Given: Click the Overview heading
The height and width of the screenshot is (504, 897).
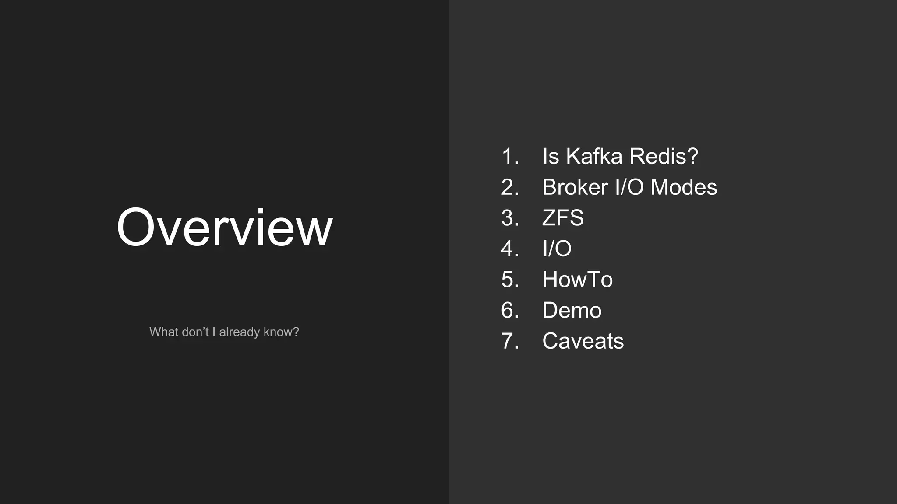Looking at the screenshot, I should [224, 227].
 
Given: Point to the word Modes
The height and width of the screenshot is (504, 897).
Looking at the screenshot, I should [684, 187].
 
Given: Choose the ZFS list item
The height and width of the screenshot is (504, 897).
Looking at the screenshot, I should [563, 218].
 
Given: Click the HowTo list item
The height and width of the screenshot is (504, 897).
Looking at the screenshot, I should [577, 280].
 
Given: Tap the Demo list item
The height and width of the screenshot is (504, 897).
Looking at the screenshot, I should [572, 310].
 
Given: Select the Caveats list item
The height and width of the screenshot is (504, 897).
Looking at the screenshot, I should [583, 341].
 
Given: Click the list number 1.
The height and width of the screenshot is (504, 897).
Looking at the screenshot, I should [509, 156].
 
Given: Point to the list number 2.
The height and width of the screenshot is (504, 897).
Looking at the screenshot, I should [509, 187].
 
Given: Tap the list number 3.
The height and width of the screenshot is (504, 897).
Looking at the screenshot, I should [509, 218].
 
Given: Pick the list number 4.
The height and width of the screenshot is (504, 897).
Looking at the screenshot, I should [509, 248].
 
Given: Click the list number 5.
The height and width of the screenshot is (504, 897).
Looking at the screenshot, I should [509, 280].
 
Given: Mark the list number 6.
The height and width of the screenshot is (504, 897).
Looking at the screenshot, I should [509, 310].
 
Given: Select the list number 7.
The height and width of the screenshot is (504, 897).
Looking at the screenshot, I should [509, 341].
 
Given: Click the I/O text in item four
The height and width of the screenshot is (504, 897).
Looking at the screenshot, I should [557, 248].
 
